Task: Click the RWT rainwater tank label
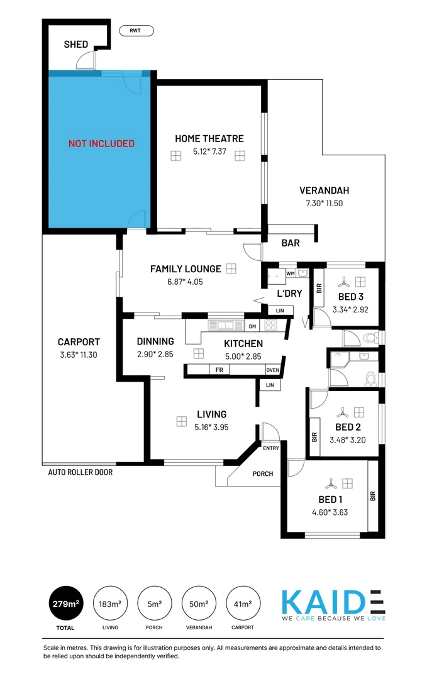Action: [x=136, y=30]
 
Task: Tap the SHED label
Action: [x=76, y=45]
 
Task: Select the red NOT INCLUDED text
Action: [x=101, y=143]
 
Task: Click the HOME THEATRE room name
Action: [x=209, y=138]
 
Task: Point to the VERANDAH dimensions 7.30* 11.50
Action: [x=324, y=203]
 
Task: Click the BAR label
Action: [x=291, y=243]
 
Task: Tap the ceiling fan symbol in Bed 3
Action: [x=343, y=282]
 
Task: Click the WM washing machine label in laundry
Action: [x=290, y=274]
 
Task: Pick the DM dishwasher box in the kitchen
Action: [x=252, y=326]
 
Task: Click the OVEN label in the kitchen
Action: [x=272, y=370]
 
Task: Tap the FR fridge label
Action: [x=219, y=370]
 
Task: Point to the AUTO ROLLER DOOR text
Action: [x=80, y=472]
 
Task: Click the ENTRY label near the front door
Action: [x=271, y=448]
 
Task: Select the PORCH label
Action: [x=263, y=473]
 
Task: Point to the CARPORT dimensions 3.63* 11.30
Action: [x=79, y=355]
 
